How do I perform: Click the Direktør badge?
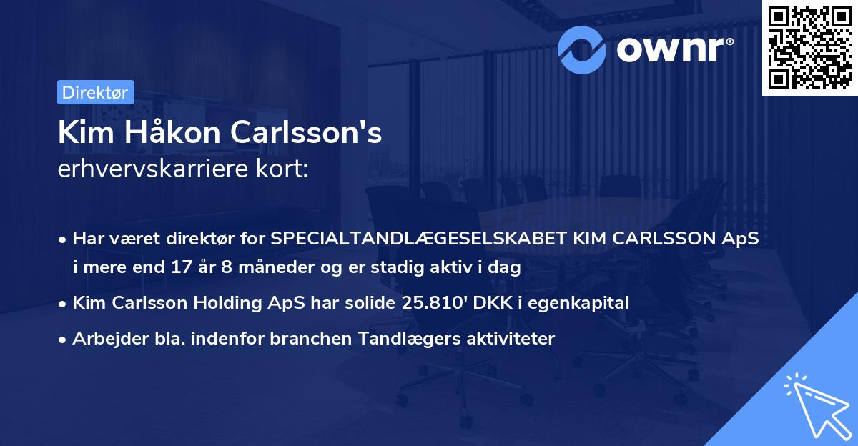click(x=95, y=93)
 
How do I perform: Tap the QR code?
click(x=809, y=48)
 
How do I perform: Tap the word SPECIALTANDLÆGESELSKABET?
click(x=419, y=238)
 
